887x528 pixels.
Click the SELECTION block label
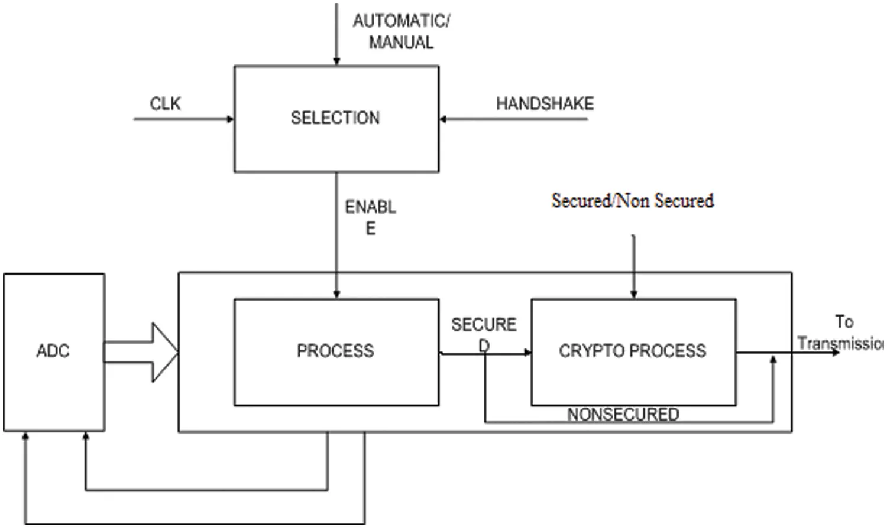(x=335, y=118)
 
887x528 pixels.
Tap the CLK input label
(x=165, y=104)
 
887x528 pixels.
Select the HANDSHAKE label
(x=545, y=104)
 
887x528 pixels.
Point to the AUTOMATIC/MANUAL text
(x=402, y=31)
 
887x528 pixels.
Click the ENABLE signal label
(x=371, y=217)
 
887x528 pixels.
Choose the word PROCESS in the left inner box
(x=335, y=351)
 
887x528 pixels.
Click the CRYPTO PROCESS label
(x=632, y=351)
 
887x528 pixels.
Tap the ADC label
(x=53, y=351)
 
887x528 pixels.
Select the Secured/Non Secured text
(x=632, y=201)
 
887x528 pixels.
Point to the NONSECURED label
(x=623, y=415)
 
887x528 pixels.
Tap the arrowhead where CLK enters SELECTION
(x=231, y=119)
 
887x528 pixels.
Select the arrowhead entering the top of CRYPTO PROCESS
(x=633, y=294)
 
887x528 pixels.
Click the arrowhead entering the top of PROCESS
(x=336, y=294)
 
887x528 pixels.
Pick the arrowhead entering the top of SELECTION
(x=336, y=61)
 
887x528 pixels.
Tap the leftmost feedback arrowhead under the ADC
(x=25, y=436)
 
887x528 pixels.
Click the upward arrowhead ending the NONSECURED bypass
(x=773, y=360)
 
